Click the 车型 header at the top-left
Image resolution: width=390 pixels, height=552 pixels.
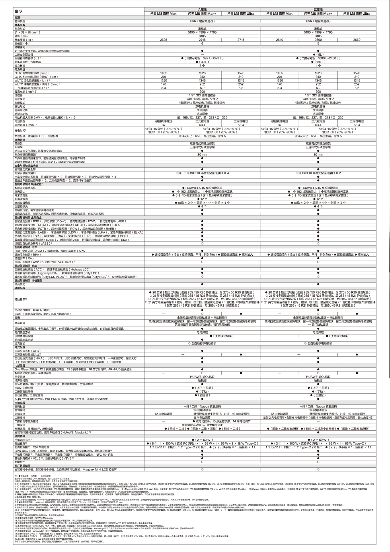point(18,11)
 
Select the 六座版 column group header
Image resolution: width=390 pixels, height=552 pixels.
point(202,9)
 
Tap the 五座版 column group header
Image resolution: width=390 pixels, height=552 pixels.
point(318,9)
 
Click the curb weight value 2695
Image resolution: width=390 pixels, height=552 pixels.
point(163,40)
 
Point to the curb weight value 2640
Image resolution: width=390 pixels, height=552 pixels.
point(279,40)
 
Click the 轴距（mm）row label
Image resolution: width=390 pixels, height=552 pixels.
point(22,36)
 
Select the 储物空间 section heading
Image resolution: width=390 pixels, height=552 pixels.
point(20,47)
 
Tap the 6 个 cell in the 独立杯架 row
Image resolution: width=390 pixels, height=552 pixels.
point(202,66)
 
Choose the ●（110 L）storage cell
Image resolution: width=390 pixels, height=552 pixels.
point(318,62)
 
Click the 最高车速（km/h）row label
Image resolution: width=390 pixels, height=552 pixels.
point(26,92)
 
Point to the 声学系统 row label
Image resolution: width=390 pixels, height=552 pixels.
point(20,377)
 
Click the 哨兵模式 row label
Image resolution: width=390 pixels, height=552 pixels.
point(20,284)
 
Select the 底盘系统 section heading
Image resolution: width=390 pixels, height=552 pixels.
point(20,140)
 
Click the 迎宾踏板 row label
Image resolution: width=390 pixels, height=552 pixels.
point(20,343)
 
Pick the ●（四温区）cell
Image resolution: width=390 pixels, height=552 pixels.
point(202,395)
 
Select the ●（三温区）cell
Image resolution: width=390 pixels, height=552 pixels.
point(318,395)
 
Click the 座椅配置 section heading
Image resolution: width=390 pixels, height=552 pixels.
point(20,403)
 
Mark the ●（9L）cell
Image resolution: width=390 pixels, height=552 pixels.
point(318,55)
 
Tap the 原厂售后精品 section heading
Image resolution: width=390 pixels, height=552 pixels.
point(22,466)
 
